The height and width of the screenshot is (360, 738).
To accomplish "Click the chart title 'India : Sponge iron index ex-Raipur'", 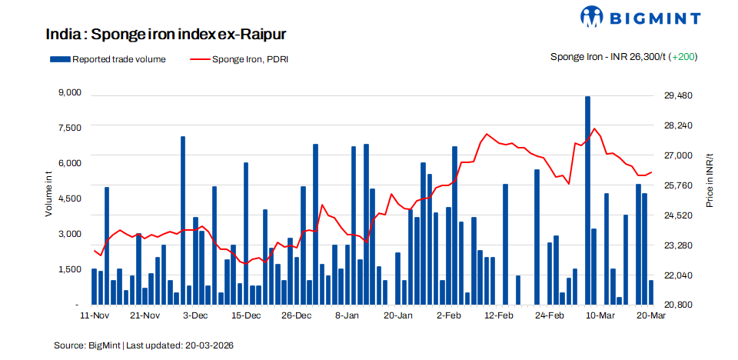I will tap(166, 35).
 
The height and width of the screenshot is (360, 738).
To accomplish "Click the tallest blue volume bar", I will tap(588, 200).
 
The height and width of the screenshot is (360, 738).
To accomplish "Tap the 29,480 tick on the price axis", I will tap(678, 95).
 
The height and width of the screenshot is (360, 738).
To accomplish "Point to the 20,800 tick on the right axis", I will tap(678, 305).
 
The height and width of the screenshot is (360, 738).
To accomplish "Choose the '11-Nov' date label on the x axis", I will tap(95, 315).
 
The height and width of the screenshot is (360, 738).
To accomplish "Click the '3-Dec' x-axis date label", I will tap(195, 315).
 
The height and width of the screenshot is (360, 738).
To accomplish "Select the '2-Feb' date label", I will tap(448, 315).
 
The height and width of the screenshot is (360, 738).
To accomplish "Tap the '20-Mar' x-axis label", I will tap(650, 315).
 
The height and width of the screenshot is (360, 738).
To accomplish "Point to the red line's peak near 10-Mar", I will tap(595, 128).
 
